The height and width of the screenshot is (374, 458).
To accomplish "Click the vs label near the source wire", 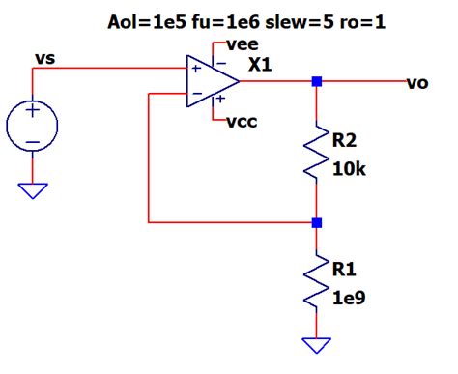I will pos(44,60).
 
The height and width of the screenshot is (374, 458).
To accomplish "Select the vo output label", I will pos(416,84).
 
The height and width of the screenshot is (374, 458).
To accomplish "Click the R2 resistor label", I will pos(345,141).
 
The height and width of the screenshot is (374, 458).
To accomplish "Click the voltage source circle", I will pos(33,126).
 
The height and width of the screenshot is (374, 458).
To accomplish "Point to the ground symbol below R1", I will pos(317,345).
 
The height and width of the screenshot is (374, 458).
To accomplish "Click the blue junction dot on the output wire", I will pos(317,83).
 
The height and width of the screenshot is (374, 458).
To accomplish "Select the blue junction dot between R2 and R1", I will pos(317,222).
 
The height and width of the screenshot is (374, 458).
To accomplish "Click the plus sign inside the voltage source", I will pos(33,112).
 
